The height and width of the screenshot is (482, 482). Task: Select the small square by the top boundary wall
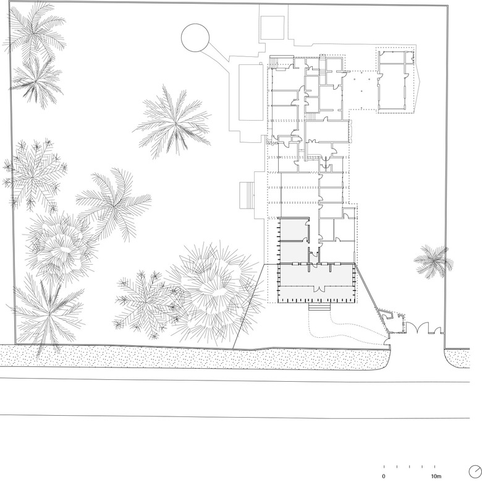pyautogui.click(x=272, y=27)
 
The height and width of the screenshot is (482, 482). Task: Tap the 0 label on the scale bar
pyautogui.click(x=383, y=476)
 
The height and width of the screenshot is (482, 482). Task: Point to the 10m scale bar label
pyautogui.click(x=436, y=476)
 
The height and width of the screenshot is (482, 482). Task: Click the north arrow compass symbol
pyautogui.click(x=475, y=471)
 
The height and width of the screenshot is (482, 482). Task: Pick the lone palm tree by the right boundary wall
pyautogui.click(x=433, y=261)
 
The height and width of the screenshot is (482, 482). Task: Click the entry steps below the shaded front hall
pyautogui.click(x=319, y=306)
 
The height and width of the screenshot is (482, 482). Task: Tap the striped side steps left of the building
pyautogui.click(x=247, y=195)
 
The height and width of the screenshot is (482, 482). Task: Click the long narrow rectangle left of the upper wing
pyautogui.click(x=251, y=92)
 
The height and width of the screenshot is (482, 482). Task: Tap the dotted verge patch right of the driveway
pyautogui.click(x=457, y=358)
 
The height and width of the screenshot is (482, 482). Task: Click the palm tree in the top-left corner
pyautogui.click(x=35, y=30)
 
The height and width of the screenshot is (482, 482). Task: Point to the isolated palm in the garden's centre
pyautogui.click(x=174, y=123)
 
